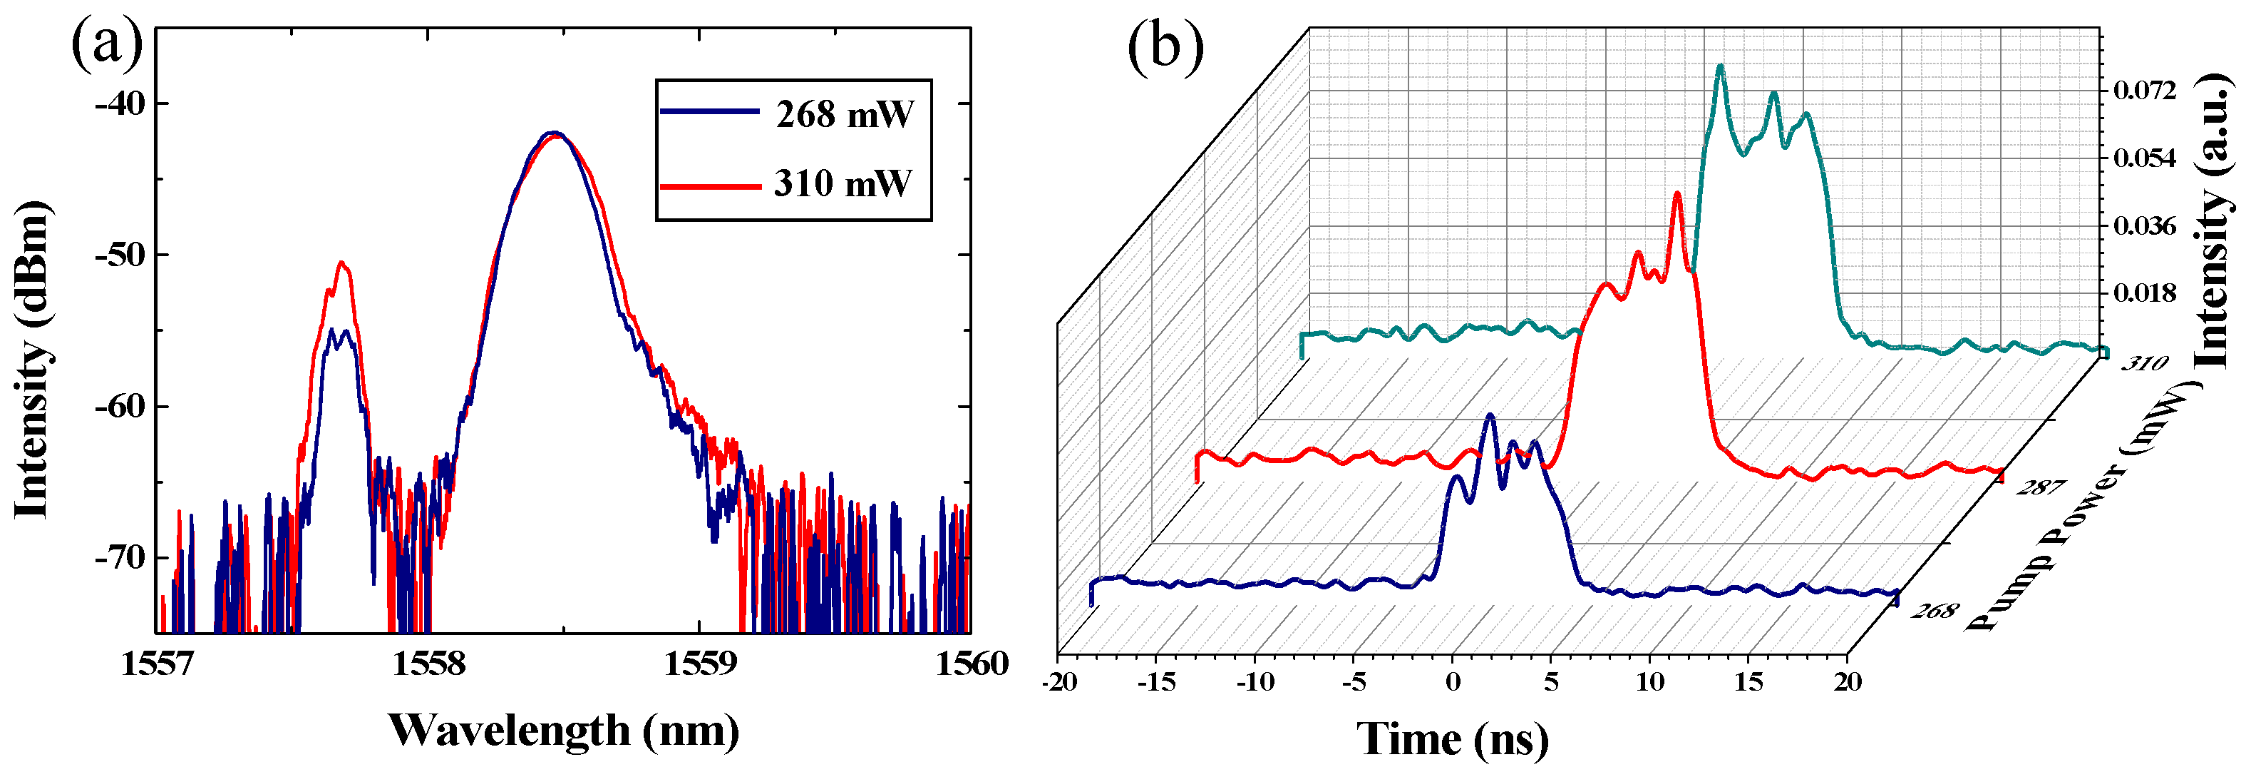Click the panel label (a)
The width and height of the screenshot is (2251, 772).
[x=107, y=46]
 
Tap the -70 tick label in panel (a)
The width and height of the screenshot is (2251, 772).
[x=120, y=558]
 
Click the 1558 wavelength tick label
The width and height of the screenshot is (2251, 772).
[x=428, y=664]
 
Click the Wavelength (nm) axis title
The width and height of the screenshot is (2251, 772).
[x=564, y=730]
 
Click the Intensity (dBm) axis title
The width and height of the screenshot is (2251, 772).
[x=31, y=358]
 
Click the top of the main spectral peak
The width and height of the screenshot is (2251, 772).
[x=553, y=133]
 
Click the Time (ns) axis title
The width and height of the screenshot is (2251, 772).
[x=1452, y=738]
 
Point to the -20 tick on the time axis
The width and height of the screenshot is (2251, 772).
[x=1059, y=682]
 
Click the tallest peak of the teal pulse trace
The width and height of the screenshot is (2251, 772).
[x=1721, y=66]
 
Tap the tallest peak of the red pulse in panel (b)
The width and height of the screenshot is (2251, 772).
[x=1678, y=194]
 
